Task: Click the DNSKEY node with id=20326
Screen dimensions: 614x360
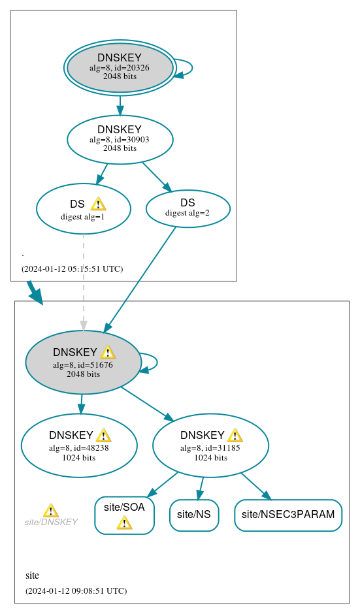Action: tap(120, 67)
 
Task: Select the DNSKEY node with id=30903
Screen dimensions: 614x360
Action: tap(120, 138)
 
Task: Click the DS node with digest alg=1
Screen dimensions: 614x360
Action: tap(83, 209)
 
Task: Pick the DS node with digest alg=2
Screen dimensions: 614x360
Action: tap(188, 208)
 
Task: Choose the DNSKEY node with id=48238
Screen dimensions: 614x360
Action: tap(78, 445)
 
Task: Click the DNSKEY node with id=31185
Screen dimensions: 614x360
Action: tap(210, 445)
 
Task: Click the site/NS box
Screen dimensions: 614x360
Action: tap(194, 515)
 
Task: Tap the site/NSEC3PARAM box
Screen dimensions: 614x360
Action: tap(287, 515)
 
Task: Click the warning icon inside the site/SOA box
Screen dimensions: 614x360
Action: tap(124, 523)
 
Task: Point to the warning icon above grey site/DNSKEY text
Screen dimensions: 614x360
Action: tap(50, 510)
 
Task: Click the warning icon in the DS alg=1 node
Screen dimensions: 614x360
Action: tap(98, 204)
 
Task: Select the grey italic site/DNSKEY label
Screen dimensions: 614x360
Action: tap(51, 522)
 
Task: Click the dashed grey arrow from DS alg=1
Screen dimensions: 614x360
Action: tap(83, 281)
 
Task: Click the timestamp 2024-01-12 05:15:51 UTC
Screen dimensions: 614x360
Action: tap(72, 268)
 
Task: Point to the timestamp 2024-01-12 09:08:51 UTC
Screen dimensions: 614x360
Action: tap(76, 590)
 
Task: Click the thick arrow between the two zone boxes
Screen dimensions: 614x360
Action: tap(35, 292)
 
